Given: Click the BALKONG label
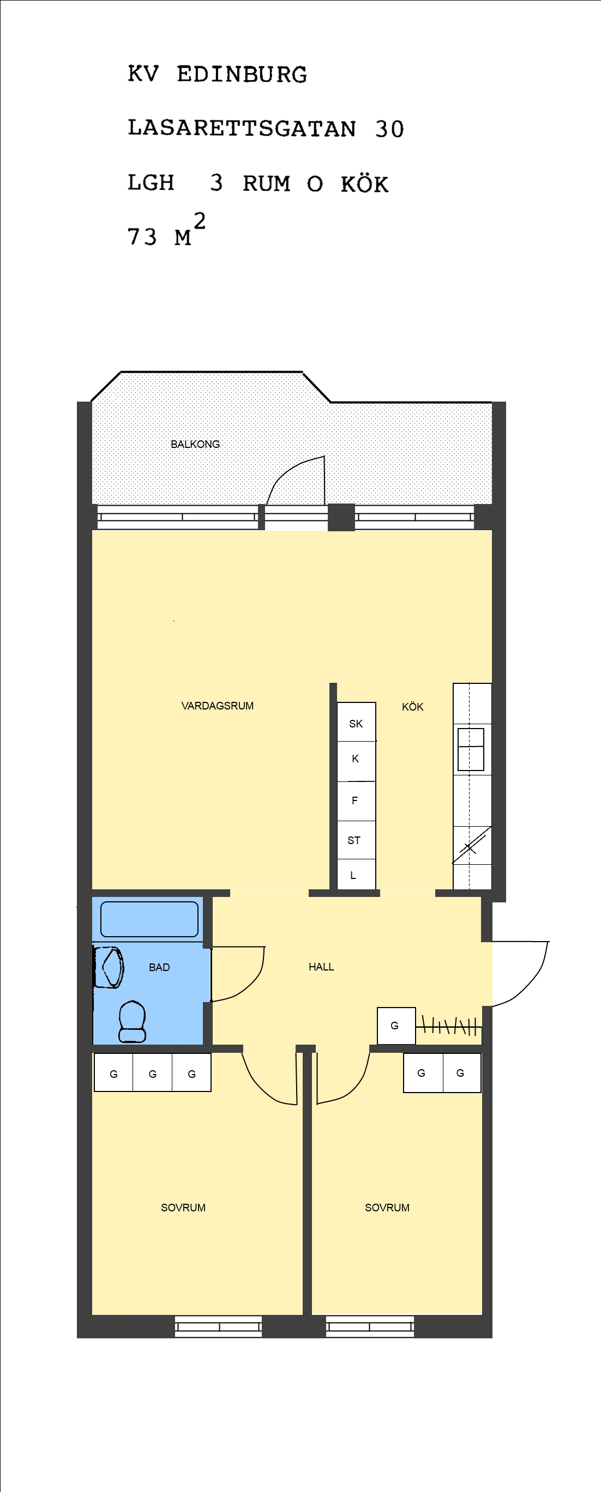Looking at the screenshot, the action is pos(195,444).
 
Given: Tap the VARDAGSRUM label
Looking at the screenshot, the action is pos(218,706).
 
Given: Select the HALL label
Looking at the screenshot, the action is pos(321,967).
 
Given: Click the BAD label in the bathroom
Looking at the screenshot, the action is pos(159,967).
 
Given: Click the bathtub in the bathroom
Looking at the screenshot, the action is pos(149,919).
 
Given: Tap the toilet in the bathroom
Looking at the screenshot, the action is pos(132,1022).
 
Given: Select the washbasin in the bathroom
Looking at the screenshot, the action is pos(109,967).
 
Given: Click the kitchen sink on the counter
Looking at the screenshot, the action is pos(471,749).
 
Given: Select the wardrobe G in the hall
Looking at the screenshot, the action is pos(396,1026).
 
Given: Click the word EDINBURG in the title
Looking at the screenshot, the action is pos(242,75).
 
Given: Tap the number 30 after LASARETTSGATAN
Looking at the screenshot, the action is pos(389,129).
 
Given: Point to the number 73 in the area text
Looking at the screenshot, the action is pos(142,237).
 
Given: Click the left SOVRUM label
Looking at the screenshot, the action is pos(183,1208).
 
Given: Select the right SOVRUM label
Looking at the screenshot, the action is pos(387,1208).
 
